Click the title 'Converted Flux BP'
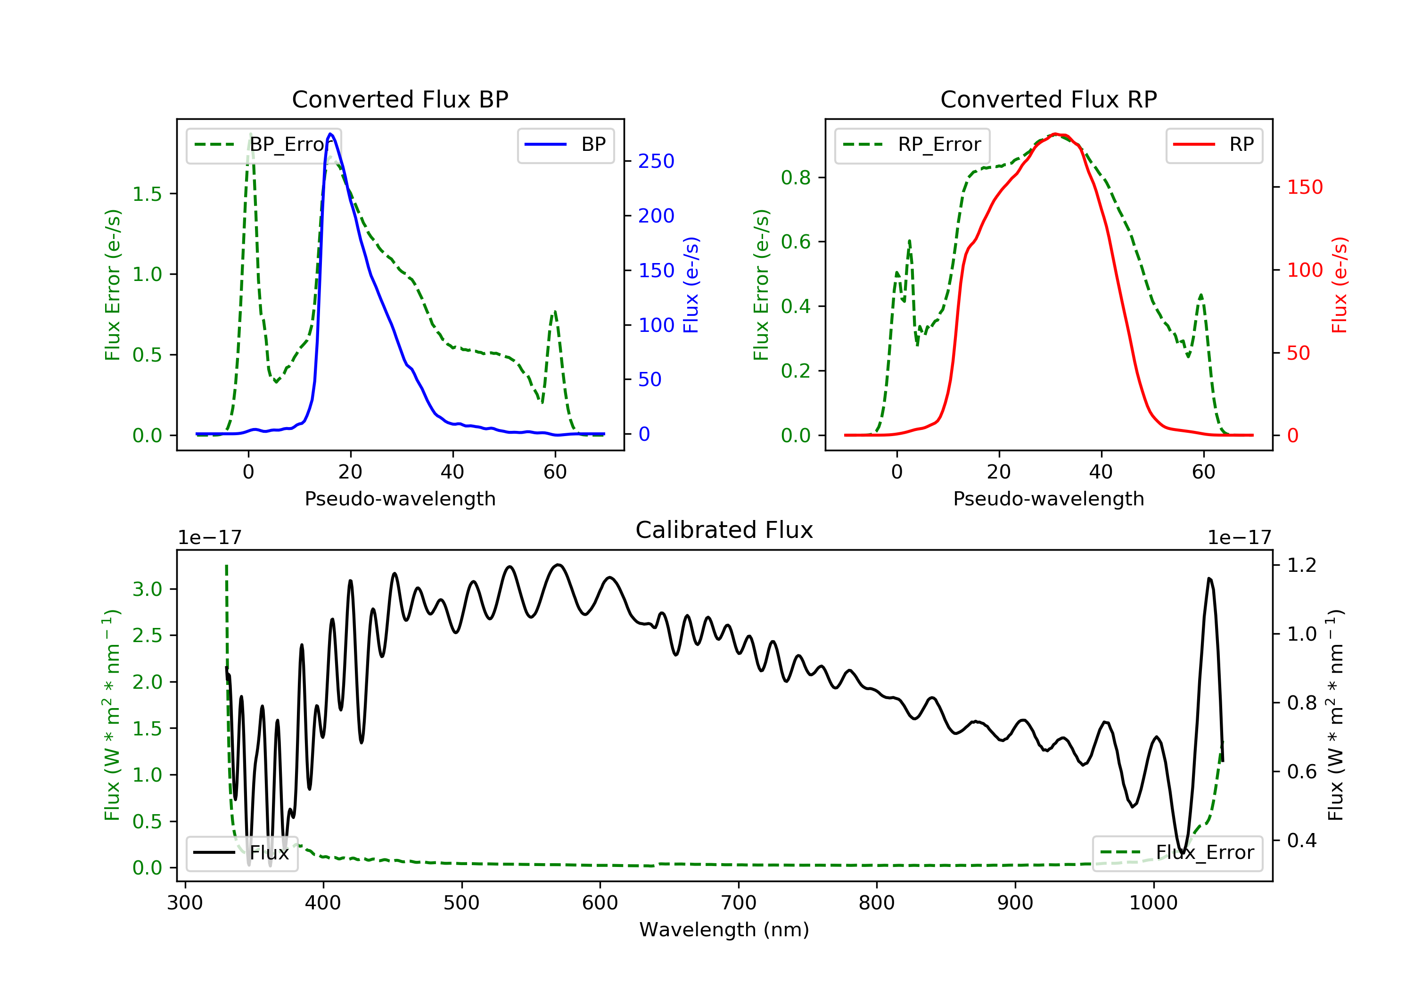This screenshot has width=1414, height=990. (x=400, y=99)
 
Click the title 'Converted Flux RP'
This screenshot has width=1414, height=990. (x=1048, y=99)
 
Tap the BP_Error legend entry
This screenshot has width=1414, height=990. (x=263, y=145)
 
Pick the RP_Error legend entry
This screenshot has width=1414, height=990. (x=912, y=145)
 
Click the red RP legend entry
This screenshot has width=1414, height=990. (x=1214, y=145)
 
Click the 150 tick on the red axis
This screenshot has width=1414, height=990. (x=1304, y=187)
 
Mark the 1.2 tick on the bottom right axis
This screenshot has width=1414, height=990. (x=1301, y=565)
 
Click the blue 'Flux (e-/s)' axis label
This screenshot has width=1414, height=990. (x=691, y=285)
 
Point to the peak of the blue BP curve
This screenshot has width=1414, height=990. (x=331, y=134)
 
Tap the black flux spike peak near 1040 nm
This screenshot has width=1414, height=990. (x=1209, y=578)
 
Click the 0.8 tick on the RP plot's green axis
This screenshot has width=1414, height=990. (x=796, y=177)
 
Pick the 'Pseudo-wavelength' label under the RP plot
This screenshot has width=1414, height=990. (x=1048, y=498)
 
